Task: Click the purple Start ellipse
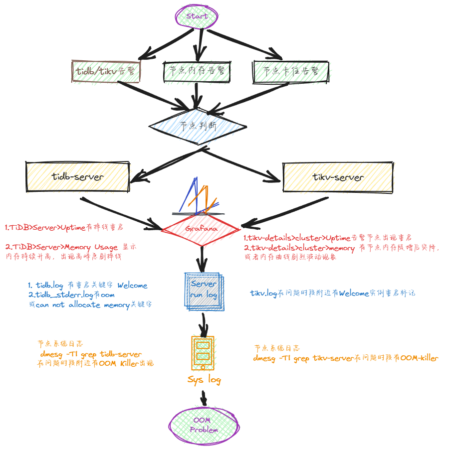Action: pyautogui.click(x=197, y=16)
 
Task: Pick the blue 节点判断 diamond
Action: pyautogui.click(x=198, y=126)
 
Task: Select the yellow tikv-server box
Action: pyautogui.click(x=338, y=177)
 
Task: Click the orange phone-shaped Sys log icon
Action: pyautogui.click(x=203, y=352)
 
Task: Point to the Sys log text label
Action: pyautogui.click(x=204, y=380)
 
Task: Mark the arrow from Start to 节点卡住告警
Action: pyautogui.click(x=244, y=44)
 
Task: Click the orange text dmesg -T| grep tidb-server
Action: pyautogui.click(x=91, y=354)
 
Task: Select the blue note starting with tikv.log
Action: pyautogui.click(x=332, y=293)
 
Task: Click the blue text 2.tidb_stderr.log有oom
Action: pyautogui.click(x=71, y=295)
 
